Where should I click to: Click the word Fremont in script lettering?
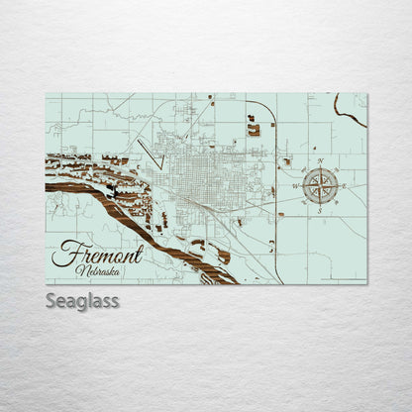pos(97,253)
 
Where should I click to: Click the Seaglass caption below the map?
pos(81,300)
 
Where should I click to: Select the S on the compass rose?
pos(320,209)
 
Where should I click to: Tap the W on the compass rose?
pos(296,185)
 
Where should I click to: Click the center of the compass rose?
pos(320,185)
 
